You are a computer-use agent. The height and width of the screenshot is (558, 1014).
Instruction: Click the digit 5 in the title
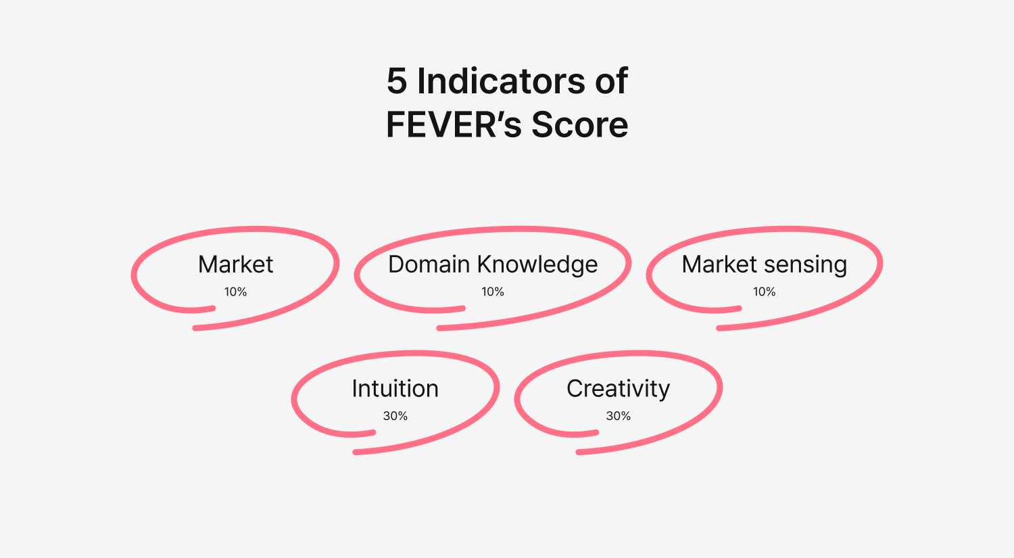[397, 81]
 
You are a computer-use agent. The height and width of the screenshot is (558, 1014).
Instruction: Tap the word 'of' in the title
[612, 81]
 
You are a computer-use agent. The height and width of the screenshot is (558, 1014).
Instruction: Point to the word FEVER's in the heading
[454, 124]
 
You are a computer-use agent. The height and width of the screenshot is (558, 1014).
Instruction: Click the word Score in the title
[580, 124]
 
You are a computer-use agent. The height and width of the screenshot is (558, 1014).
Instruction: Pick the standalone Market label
[235, 264]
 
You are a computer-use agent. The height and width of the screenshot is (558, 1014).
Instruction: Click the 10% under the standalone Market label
[235, 292]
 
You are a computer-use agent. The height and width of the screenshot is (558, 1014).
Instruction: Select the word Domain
[429, 264]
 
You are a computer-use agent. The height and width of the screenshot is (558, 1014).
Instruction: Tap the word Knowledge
[538, 265]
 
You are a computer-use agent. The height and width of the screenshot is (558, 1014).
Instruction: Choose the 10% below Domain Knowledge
[493, 292]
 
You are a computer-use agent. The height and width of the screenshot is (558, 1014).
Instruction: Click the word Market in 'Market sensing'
[719, 264]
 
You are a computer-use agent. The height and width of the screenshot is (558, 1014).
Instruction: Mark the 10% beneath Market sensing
[764, 292]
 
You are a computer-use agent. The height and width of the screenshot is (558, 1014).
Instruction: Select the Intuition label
[395, 389]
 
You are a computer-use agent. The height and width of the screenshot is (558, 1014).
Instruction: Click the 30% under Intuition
[395, 416]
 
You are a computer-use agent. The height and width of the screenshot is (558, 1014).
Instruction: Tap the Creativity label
[618, 390]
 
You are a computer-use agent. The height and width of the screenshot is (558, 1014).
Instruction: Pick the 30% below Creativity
[619, 416]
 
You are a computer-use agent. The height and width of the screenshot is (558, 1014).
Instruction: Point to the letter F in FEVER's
[396, 124]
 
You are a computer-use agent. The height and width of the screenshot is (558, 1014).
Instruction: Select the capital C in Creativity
[575, 389]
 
